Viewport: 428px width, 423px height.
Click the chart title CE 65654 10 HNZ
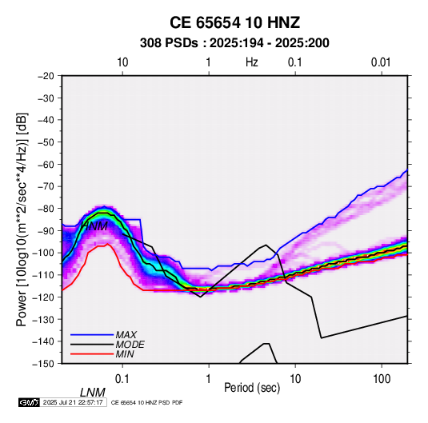point(234,22)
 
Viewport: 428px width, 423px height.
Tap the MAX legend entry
point(126,334)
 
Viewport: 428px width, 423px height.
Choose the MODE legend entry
point(130,345)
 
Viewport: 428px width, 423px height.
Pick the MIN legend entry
point(125,354)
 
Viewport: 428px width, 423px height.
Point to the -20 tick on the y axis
point(46,76)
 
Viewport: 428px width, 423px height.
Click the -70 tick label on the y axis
point(46,186)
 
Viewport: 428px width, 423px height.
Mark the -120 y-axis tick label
point(43,297)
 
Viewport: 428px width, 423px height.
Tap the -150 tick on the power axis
point(43,364)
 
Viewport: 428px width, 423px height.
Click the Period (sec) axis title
point(252,388)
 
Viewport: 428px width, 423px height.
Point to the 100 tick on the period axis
point(382,379)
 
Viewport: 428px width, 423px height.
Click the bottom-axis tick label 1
point(209,379)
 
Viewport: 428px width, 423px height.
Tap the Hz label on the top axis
point(252,62)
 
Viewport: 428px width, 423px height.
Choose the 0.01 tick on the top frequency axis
point(381,62)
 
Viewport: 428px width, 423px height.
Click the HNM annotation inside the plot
point(94,226)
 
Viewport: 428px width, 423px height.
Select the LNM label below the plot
point(93,393)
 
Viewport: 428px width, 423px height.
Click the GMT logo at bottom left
point(30,402)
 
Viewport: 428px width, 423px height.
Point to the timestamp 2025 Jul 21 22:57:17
point(73,402)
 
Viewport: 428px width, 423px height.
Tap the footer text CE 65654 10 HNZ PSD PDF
point(146,402)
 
